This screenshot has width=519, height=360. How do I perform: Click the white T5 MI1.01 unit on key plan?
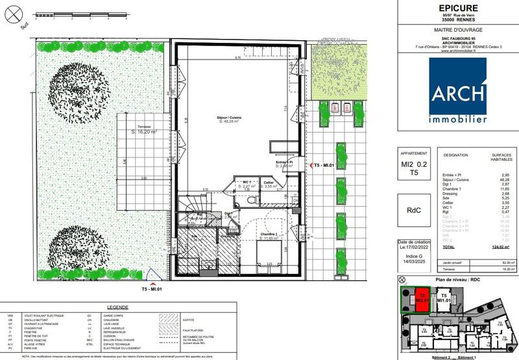[x=444, y=298]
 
